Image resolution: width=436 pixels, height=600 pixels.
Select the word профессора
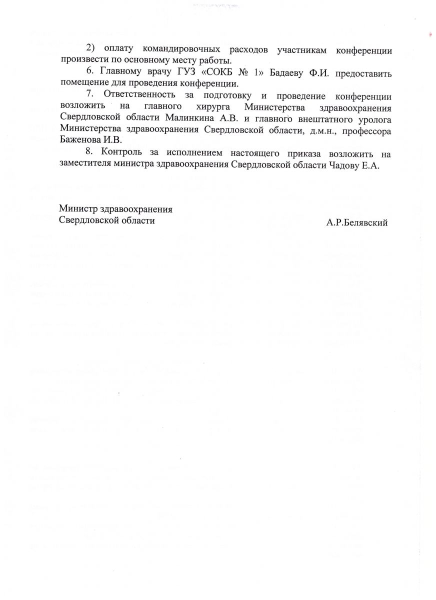366,130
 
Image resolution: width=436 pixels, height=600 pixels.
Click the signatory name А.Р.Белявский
356,222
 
